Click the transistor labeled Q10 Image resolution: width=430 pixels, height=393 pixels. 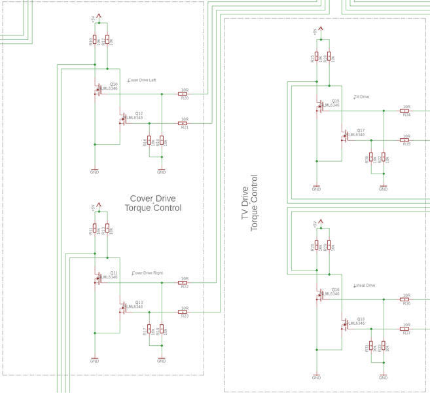tap(98, 89)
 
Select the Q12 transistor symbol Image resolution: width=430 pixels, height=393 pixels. tap(123, 119)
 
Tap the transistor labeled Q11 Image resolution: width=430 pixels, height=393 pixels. tap(98, 278)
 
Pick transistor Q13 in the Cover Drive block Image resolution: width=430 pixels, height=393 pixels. tap(123, 307)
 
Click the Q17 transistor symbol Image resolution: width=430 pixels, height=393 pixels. tap(345, 136)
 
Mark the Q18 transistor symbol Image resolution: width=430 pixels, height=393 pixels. tap(345, 324)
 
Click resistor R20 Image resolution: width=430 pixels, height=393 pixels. tap(183, 94)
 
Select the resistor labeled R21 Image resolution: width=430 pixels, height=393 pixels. tap(183, 123)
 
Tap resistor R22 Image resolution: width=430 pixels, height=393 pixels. tap(183, 282)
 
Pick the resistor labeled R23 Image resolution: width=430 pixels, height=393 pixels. tap(183, 312)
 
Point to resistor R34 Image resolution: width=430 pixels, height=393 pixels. tap(406, 111)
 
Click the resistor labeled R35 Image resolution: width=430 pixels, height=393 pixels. tap(406, 140)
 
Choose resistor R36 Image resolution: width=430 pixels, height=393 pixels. tap(406, 299)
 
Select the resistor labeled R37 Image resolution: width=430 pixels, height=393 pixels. tap(406, 329)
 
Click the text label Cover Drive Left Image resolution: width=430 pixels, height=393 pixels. tap(142, 81)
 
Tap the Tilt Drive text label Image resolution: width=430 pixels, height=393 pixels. tap(361, 97)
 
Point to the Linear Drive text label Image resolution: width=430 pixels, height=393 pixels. tap(365, 286)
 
